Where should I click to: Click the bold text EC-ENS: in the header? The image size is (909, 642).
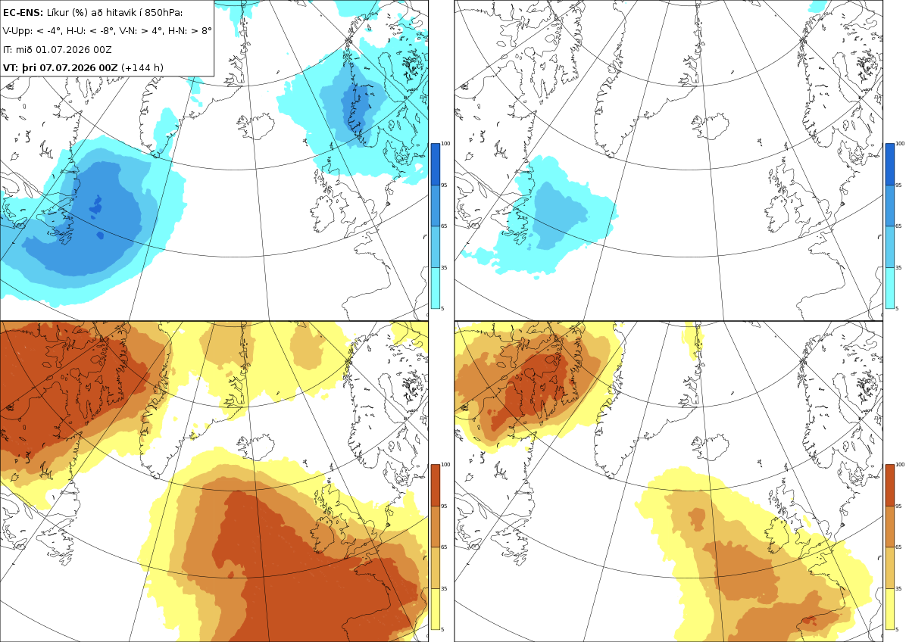[x=23, y=13]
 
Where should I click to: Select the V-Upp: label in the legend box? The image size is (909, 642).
[x=17, y=31]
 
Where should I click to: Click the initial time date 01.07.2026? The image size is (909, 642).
[x=62, y=49]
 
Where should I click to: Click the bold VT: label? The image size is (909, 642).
[x=11, y=67]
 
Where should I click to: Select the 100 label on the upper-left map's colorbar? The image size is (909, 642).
[x=445, y=144]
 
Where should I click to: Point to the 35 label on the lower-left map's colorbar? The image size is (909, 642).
[x=444, y=588]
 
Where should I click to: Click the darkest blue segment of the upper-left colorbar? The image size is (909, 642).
[x=435, y=164]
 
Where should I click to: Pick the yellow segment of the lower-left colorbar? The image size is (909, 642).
[x=435, y=609]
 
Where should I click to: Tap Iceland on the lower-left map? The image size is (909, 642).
[x=257, y=447]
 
